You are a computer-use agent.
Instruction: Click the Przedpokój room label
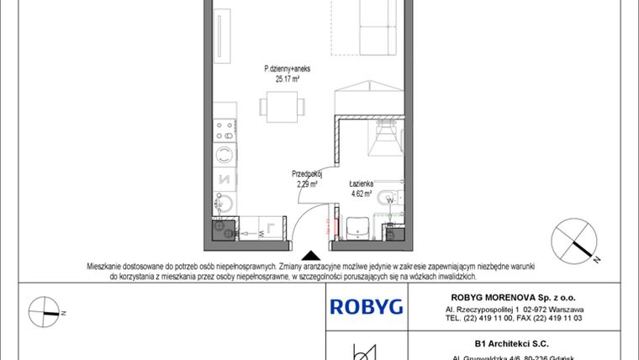(307, 173)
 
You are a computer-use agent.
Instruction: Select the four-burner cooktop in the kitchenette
(224, 130)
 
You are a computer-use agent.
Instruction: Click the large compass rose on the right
(575, 241)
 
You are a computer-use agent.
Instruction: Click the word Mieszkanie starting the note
(106, 266)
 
